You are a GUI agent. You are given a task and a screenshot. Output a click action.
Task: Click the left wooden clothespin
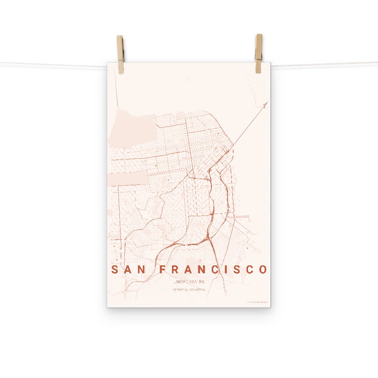[120, 54]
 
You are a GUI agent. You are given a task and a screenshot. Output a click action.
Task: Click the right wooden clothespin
[259, 53]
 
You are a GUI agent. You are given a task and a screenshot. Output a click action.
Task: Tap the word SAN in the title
[129, 270]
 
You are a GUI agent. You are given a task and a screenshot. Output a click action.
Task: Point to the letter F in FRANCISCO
[163, 270]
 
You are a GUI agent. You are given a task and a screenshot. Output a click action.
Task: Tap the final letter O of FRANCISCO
[263, 270]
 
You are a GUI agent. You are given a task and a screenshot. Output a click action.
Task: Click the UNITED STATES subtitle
[189, 282]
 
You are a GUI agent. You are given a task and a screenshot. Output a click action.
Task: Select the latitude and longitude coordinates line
[189, 290]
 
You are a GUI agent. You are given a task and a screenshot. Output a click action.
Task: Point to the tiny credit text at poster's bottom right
[257, 302]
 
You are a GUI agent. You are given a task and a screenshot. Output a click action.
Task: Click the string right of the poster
[325, 64]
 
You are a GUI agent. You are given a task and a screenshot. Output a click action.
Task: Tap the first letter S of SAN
[114, 270]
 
